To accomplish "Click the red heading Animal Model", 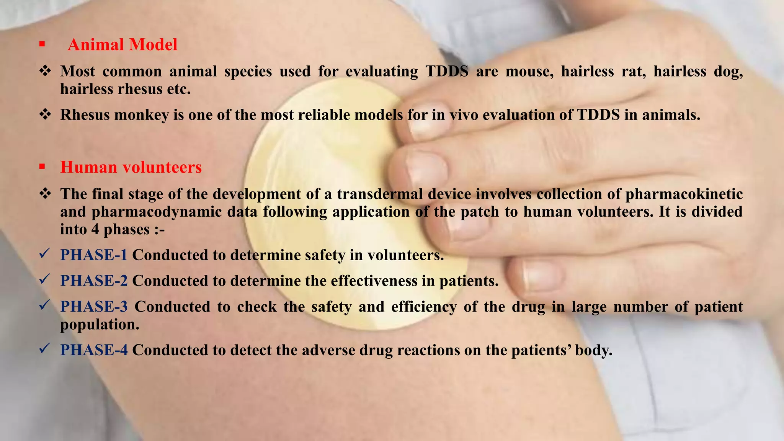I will [x=122, y=45].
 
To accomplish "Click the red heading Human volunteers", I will [x=131, y=167].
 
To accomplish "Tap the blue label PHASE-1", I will [x=94, y=255].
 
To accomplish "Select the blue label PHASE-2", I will [x=94, y=281].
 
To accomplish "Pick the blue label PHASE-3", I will [x=94, y=307].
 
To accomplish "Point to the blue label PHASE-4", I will [x=94, y=350].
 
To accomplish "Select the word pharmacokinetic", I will [x=684, y=194].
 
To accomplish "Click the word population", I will [x=100, y=325].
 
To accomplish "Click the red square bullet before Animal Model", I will [x=42, y=45].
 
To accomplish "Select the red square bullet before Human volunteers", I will [x=42, y=167].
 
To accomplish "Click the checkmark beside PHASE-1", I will [x=45, y=253].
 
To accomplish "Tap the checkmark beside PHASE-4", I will [x=45, y=348].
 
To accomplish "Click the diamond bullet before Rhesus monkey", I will [x=45, y=114].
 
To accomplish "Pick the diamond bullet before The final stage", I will [x=45, y=194].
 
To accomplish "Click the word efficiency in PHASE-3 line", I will [x=424, y=307].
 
